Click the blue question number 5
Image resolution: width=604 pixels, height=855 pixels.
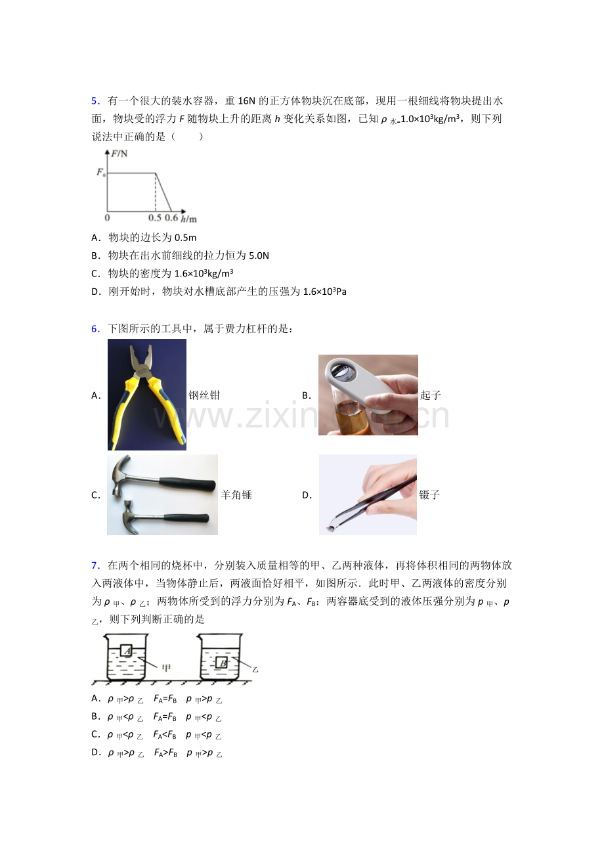point(95,101)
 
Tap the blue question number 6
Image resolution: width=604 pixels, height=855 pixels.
point(95,329)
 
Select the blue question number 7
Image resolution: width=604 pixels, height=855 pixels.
point(95,565)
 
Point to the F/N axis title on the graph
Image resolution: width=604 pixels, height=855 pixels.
point(119,154)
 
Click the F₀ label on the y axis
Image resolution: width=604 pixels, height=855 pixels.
point(100,173)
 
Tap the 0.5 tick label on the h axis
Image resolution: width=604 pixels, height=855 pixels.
point(154,218)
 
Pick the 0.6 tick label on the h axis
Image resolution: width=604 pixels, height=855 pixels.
point(171,218)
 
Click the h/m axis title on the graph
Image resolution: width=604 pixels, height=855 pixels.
point(189,219)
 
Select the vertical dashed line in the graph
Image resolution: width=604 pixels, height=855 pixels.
point(156,192)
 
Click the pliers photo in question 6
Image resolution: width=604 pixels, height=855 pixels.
point(147,394)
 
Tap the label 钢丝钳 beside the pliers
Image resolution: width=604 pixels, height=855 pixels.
point(204,395)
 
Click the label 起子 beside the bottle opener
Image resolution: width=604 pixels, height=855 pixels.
point(431,395)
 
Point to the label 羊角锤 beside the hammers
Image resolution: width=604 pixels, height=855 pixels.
point(236,495)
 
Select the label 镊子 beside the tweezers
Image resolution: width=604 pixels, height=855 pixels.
point(429,495)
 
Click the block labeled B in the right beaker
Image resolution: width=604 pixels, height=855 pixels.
point(222,663)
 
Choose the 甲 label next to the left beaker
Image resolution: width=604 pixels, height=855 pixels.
point(166,668)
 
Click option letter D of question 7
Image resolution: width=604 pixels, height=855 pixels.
point(96,753)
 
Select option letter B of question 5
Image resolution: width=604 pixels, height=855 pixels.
point(96,255)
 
